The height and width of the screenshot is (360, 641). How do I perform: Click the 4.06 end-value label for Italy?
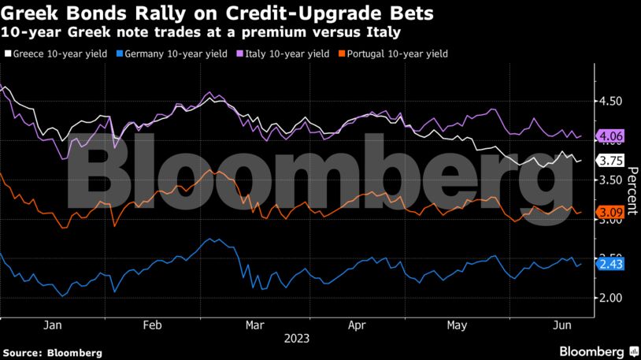coord(611,136)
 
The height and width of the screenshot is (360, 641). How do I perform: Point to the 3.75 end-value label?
coord(611,161)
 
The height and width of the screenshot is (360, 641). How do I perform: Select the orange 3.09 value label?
coord(611,213)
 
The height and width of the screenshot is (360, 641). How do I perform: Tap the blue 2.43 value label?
coord(611,264)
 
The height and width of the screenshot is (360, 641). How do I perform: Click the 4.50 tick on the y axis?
coord(611,102)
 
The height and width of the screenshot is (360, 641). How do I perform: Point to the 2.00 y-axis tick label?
coord(611,298)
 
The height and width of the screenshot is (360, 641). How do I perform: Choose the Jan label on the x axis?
coord(52,325)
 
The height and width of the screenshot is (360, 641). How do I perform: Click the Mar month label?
coord(254,325)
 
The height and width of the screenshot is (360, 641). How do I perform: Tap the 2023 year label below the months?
coord(296,338)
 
